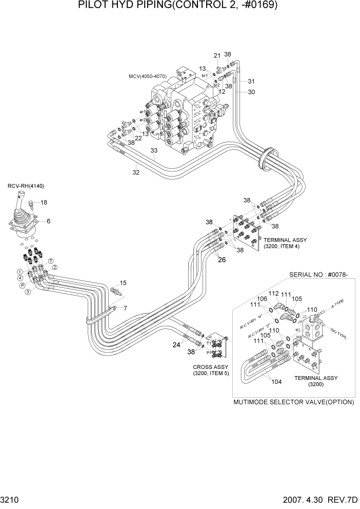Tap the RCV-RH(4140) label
(25, 186)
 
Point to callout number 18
(44, 203)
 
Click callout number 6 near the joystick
(49, 221)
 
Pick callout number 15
(123, 283)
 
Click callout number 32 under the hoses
(135, 172)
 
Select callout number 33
(154, 150)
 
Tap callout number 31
(251, 81)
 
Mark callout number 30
(251, 92)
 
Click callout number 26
(222, 260)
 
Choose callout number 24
(176, 345)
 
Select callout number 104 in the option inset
(276, 382)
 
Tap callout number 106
(262, 299)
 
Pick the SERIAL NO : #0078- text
(318, 275)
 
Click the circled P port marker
(23, 285)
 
